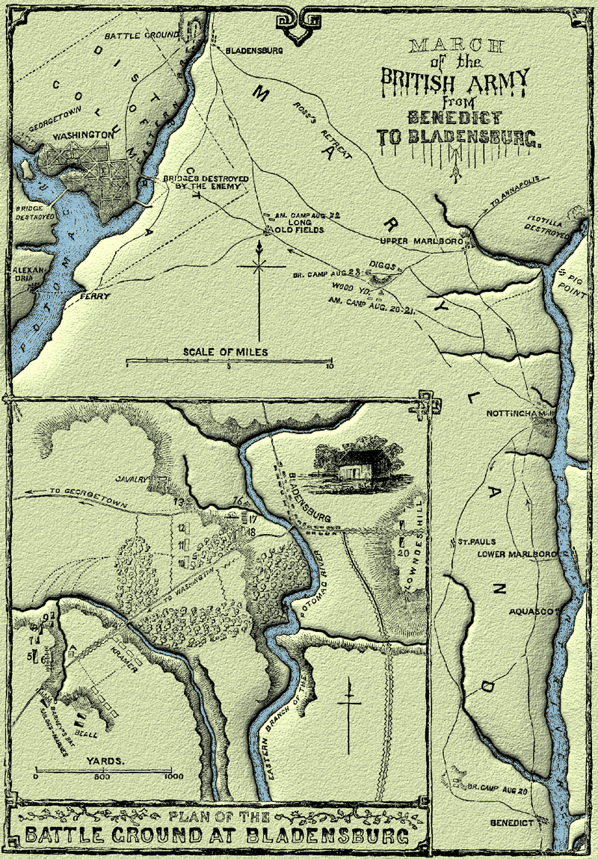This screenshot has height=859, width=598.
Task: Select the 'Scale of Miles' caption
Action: pyautogui.click(x=226, y=351)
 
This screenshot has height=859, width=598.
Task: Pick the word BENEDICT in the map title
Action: pyautogui.click(x=454, y=117)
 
